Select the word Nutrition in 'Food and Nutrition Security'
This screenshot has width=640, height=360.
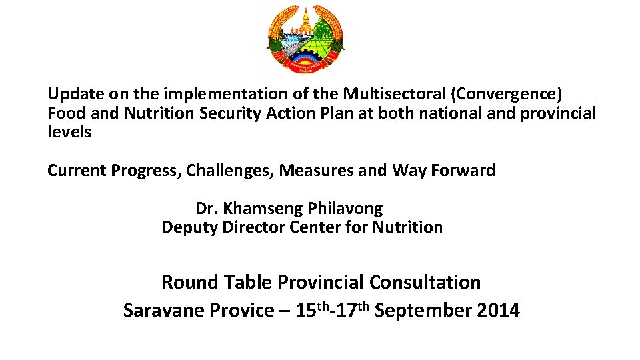coord(159,113)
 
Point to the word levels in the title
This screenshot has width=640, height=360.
coord(69,132)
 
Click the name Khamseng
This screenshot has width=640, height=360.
coord(264,209)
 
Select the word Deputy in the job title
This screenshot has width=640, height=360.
coord(189,227)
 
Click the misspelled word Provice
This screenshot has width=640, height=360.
coord(238,311)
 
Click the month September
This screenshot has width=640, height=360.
coord(424,311)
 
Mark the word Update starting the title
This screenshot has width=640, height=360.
coord(71,95)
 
